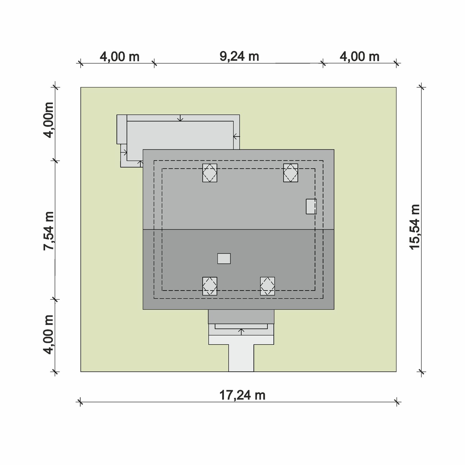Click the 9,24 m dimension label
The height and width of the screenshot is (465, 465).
point(239,56)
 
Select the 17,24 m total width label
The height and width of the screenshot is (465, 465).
point(242,395)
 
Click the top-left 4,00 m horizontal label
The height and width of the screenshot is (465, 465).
point(120,57)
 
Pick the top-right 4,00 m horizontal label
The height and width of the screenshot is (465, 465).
point(359,57)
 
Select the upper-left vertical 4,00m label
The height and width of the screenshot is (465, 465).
point(49,120)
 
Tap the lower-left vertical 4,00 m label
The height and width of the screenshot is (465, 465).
point(49,334)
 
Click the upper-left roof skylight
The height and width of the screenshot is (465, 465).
point(210,173)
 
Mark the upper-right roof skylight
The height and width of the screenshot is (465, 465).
point(291,173)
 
